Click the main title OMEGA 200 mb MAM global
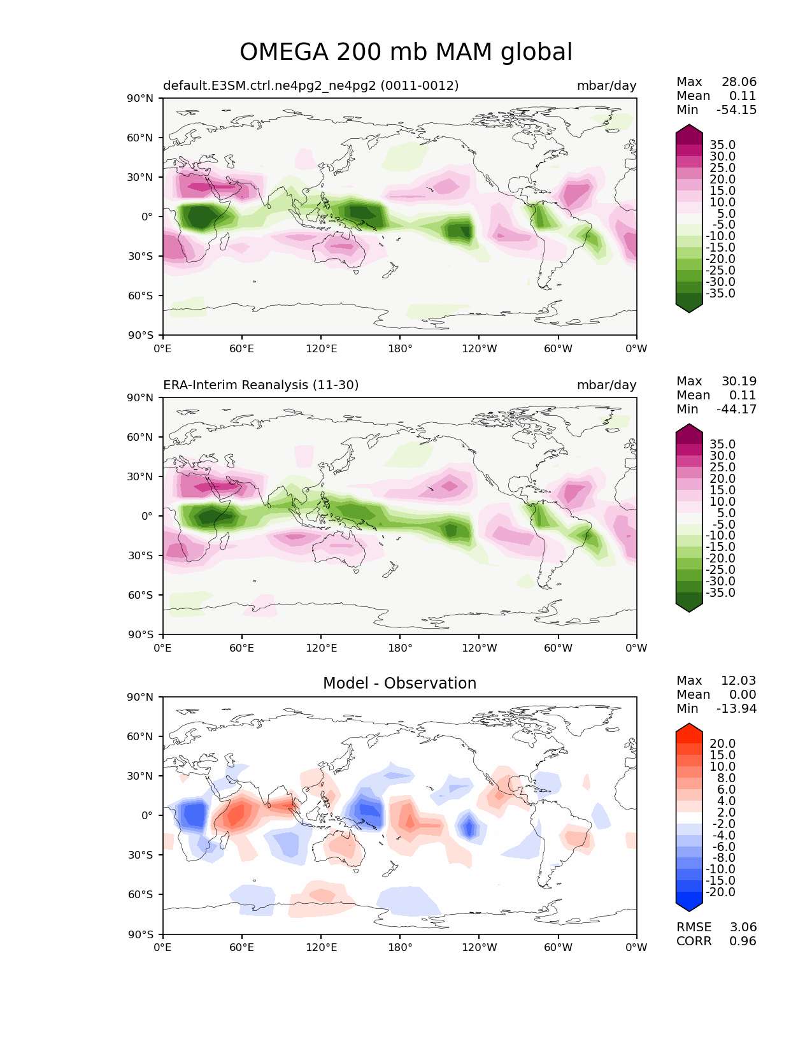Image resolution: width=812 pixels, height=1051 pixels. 406,52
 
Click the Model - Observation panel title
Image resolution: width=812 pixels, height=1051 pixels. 399,683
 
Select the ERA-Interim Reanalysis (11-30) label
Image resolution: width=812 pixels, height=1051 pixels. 260,385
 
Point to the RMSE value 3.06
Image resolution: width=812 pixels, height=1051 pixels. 743,927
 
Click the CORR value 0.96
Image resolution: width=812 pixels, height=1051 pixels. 743,941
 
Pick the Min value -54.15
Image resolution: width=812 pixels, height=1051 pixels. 737,110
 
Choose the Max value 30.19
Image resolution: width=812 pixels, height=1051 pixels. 739,381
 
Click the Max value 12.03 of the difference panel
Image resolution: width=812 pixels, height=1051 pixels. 739,680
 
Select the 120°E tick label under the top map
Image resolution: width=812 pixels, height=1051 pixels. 321,348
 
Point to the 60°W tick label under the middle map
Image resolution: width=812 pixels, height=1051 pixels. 558,648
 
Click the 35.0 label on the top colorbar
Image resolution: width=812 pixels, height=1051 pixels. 723,145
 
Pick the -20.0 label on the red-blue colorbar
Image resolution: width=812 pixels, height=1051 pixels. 720,892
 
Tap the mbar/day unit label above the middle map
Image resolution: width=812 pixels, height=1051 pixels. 606,385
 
